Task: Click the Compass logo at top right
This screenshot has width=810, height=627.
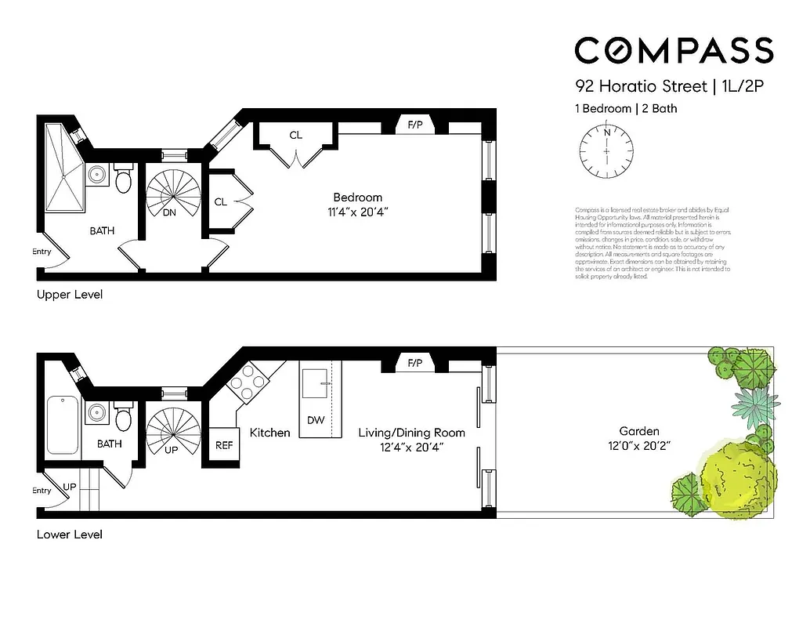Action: (674, 51)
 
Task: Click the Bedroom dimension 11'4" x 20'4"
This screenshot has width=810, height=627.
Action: (357, 212)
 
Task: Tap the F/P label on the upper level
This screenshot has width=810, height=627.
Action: (414, 125)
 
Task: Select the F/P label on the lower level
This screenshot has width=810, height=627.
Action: (414, 363)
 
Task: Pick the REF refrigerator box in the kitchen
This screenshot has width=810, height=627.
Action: (224, 445)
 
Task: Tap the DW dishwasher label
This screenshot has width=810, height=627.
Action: (316, 420)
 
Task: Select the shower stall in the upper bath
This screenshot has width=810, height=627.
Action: (63, 167)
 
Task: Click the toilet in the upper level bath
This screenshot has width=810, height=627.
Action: (123, 179)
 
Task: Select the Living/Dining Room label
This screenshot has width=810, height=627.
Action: (411, 433)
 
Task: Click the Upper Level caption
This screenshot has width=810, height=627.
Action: (70, 295)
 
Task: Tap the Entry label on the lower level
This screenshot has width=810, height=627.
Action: (42, 491)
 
